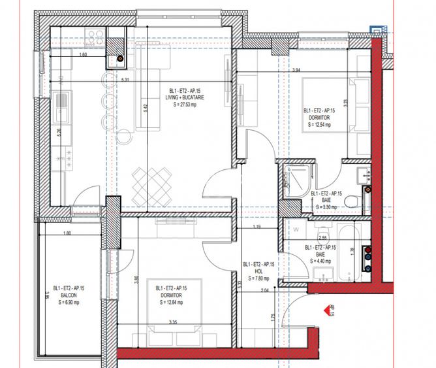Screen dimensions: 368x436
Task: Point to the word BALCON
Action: (x=67, y=295)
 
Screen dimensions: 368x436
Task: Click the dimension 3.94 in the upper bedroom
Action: (x=296, y=70)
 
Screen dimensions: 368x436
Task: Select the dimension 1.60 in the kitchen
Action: (x=83, y=55)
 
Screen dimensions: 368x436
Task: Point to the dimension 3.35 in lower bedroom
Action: (x=173, y=322)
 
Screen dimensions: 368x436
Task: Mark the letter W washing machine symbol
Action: (x=295, y=229)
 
